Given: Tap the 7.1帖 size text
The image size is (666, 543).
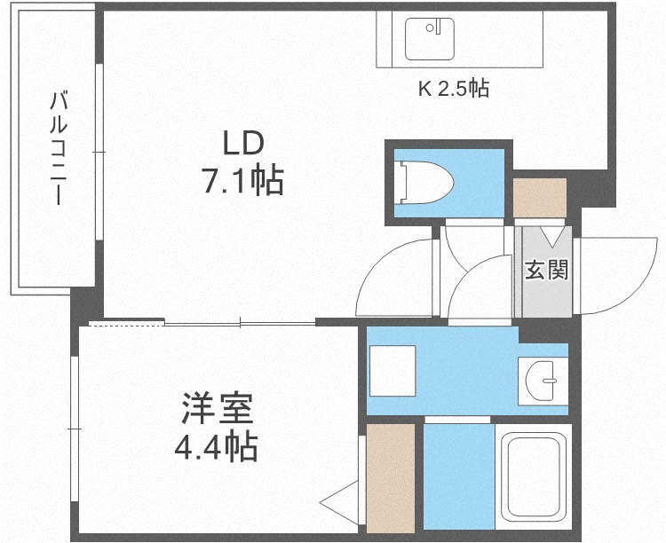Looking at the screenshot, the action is tap(243, 180).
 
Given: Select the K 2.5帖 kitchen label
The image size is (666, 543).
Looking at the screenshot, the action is tap(454, 89).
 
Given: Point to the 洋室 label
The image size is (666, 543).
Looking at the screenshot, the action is tap(218, 409).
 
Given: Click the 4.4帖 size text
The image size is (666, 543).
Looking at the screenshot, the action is tap(216, 446).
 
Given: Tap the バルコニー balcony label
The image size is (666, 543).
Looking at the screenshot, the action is tap(59, 148).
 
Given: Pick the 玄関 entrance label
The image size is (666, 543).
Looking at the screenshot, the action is tap(546, 270).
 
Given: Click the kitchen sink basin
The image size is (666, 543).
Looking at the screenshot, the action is tap(430, 39).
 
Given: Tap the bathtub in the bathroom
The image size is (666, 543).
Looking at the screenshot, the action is tap(534, 476).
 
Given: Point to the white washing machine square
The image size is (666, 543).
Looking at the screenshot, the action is tap(392, 371).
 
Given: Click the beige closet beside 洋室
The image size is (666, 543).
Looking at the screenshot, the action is tap(391, 478).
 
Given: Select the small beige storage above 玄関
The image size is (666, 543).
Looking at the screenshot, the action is tap(540, 198).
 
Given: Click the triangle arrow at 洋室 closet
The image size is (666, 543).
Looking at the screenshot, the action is tap(339, 503).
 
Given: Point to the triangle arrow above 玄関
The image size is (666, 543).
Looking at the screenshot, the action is tap(552, 237).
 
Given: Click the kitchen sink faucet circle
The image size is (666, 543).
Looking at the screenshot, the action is tap(430, 28).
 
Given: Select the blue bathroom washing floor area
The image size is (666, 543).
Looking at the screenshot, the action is tap(459, 476).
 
